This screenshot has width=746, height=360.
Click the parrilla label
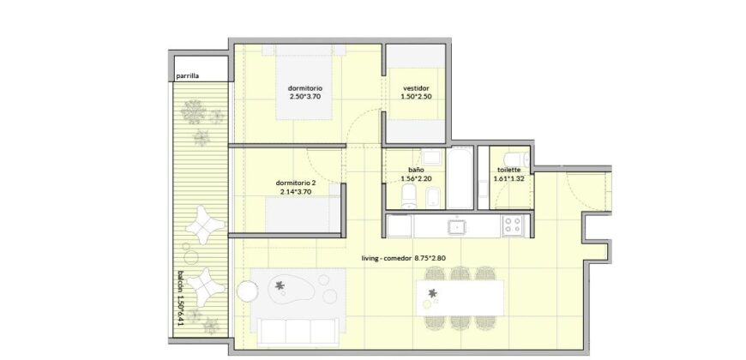(187, 75)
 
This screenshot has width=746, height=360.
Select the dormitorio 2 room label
(296, 183)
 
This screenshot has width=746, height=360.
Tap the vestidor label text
(416, 88)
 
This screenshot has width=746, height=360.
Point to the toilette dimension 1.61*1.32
(508, 180)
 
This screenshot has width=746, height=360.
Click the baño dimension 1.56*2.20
(416, 180)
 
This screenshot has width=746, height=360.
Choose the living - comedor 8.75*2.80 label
(404, 259)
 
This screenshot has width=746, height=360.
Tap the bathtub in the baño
(460, 178)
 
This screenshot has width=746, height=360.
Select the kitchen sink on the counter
(457, 227)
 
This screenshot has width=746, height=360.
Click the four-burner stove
(513, 225)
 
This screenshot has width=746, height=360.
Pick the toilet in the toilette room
(515, 158)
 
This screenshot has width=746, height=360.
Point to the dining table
(460, 297)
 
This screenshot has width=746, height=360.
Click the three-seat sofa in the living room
(298, 332)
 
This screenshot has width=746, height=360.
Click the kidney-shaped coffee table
(287, 290)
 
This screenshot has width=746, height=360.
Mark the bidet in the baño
(433, 198)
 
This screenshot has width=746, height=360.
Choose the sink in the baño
(432, 156)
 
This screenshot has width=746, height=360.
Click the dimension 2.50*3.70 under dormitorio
(305, 97)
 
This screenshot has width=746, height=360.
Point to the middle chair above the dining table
(460, 273)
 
